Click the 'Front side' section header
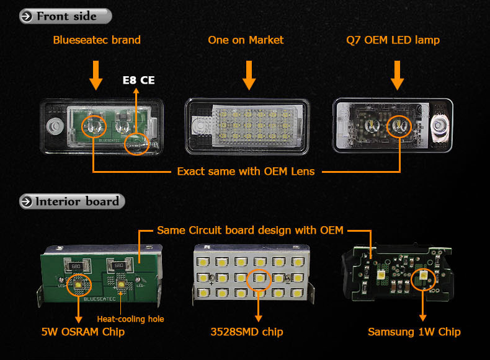click(x=65, y=16)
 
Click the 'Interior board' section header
click(x=73, y=201)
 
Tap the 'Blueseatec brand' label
click(x=97, y=40)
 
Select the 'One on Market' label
click(x=246, y=40)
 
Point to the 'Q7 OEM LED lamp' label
click(x=393, y=40)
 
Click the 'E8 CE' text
click(x=138, y=81)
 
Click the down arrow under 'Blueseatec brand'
click(x=96, y=74)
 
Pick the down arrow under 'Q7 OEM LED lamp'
click(x=398, y=74)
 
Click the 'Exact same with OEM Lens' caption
click(x=246, y=171)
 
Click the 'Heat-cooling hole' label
click(x=130, y=319)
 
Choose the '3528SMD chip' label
click(x=246, y=332)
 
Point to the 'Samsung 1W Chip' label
click(x=414, y=332)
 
